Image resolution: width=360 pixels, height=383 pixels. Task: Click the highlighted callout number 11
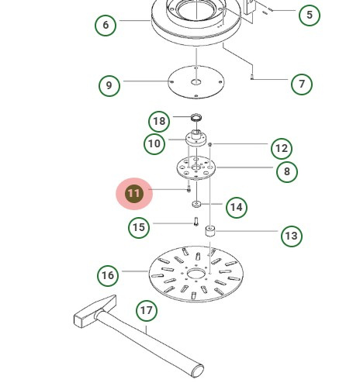tap(134, 193)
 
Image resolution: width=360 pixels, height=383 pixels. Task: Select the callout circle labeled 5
tap(310, 15)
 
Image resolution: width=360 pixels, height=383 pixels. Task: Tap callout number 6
tap(106, 25)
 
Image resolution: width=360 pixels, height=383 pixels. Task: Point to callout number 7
tap(302, 84)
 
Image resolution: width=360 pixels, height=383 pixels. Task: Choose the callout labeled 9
tap(109, 85)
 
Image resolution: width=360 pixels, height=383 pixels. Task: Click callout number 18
tap(159, 121)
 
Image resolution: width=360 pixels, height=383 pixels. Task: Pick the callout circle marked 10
tap(154, 143)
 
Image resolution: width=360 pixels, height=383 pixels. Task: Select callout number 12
tap(282, 149)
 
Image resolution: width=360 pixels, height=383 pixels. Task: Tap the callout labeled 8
tap(287, 171)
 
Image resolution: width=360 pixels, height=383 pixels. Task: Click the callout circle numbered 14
tap(237, 207)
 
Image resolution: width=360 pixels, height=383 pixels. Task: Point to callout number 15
tap(139, 227)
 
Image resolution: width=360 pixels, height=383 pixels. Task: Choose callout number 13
tap(292, 236)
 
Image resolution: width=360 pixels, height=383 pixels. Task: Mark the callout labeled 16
tap(108, 275)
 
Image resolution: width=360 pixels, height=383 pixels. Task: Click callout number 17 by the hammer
tap(147, 310)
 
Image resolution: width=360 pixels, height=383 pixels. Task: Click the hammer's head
tap(95, 312)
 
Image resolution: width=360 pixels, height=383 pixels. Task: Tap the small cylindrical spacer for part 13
tap(210, 231)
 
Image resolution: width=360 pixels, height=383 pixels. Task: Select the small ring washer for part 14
tap(196, 204)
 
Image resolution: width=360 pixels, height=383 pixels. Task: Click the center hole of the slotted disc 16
tap(196, 274)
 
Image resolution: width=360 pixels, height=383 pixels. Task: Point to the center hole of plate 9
tap(196, 82)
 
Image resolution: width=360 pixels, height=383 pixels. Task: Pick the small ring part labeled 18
tap(196, 118)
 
